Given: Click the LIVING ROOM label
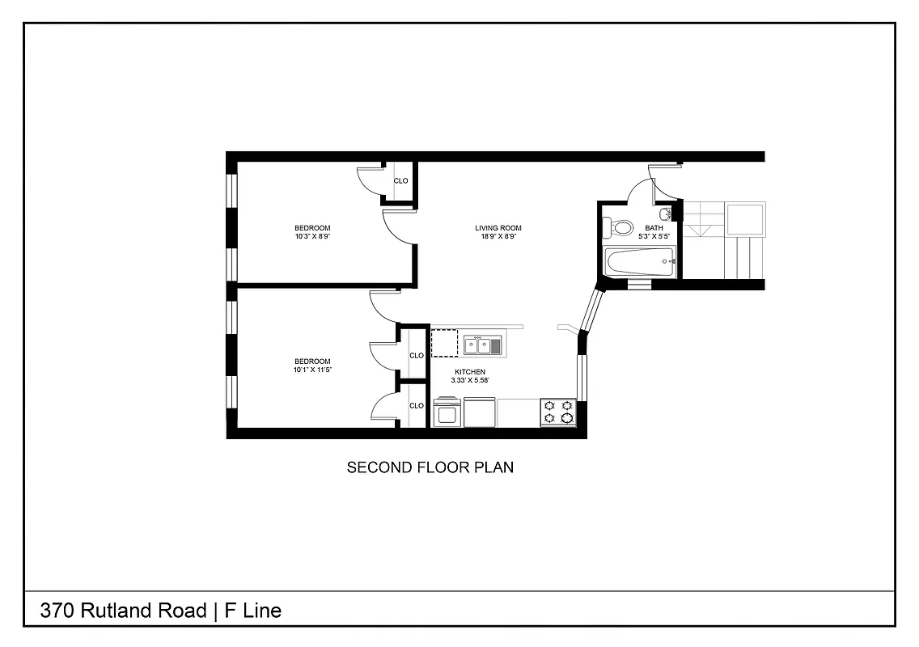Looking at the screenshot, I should click(x=498, y=228).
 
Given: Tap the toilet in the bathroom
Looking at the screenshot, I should click(x=621, y=227).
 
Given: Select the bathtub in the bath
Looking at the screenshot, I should click(x=640, y=261).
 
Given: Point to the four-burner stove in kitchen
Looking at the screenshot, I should click(x=558, y=412).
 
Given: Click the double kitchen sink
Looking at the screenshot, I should click(x=482, y=346).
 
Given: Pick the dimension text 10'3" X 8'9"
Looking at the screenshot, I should click(x=312, y=237).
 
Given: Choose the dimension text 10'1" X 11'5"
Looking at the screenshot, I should click(x=312, y=370).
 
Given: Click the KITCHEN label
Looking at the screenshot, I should click(x=468, y=371).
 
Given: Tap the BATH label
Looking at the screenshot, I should click(x=654, y=228).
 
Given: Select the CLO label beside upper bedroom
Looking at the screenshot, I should click(x=400, y=181).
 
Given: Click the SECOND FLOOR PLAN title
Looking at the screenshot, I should click(x=430, y=467).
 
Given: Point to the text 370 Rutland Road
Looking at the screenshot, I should click(x=124, y=611).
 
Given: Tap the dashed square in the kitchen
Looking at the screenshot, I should click(x=444, y=343).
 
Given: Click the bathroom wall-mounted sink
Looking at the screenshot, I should click(x=665, y=214).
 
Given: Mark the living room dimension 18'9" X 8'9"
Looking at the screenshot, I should click(x=498, y=237).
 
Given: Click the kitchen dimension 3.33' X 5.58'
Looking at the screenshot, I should click(x=468, y=379).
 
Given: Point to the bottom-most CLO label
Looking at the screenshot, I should click(x=417, y=406).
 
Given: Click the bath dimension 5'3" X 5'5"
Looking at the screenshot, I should click(x=654, y=237).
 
